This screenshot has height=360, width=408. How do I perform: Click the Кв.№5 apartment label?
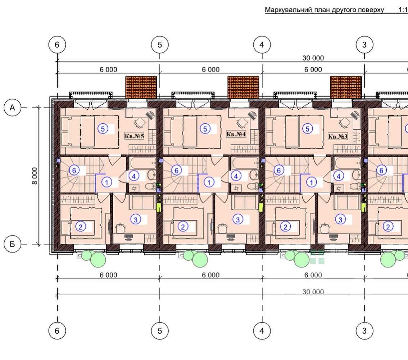click(134, 136)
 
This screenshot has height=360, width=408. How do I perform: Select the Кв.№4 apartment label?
click(236, 134)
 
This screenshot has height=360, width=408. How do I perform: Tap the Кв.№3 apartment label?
click(338, 136)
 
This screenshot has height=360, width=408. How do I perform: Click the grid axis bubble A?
click(12, 108)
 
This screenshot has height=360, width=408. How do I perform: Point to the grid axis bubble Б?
click(12, 244)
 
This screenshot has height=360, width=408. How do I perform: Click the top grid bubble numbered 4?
click(262, 45)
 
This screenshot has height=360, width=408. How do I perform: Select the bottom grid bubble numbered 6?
click(57, 331)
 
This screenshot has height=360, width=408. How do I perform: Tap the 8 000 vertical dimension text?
click(35, 176)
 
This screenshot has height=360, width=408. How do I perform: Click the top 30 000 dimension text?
click(313, 58)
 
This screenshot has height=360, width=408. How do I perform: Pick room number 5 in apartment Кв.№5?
click(103, 129)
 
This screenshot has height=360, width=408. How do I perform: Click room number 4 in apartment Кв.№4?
click(236, 176)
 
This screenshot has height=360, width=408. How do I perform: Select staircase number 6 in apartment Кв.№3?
click(279, 170)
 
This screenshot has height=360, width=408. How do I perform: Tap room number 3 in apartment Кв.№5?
click(136, 219)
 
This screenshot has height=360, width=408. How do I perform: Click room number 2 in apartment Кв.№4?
click(183, 227)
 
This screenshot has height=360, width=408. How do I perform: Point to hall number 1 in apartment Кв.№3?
click(312, 182)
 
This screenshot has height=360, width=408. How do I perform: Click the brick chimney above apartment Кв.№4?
click(243, 87)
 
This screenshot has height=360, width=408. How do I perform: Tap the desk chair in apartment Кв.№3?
click(345, 123)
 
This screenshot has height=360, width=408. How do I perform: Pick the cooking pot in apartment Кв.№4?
click(222, 228)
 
